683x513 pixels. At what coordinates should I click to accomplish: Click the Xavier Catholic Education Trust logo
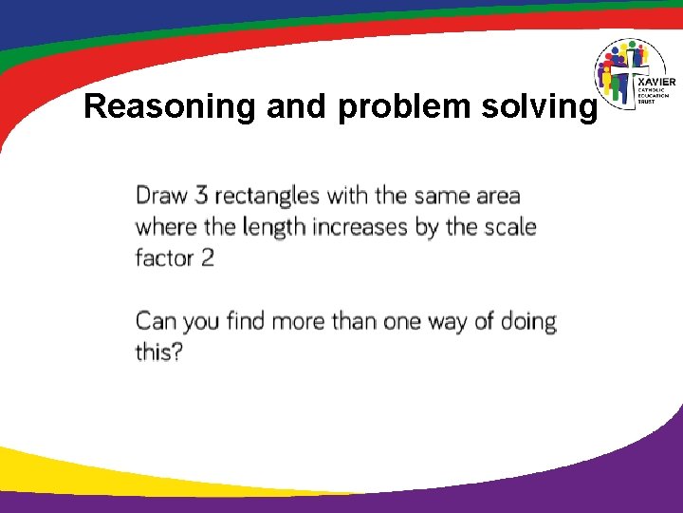coord(635,74)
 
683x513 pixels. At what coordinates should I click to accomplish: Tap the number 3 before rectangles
coord(201,196)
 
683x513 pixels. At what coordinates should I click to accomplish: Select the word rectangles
coord(267,196)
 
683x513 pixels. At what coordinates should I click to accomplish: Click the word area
coord(496,196)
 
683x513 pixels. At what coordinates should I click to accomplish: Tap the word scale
coord(508,227)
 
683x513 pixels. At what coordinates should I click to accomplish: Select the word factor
coord(164,257)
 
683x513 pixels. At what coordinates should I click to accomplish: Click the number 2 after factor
coord(207,257)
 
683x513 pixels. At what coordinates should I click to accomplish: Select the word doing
coord(526,321)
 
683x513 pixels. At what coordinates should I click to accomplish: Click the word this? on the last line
coord(158,351)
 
